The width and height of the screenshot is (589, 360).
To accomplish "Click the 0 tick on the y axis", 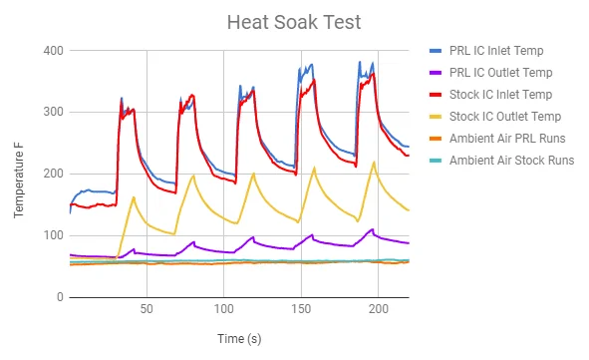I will coord(59,297).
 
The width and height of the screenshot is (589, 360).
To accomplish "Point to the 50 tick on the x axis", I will coord(147,310).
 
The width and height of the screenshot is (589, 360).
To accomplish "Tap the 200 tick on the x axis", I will coord(378,310).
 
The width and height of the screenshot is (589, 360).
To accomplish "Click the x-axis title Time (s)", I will coord(238,339).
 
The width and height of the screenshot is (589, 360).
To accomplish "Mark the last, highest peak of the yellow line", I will coord(374,163).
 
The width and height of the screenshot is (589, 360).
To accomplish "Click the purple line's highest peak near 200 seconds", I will coord(373,229).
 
